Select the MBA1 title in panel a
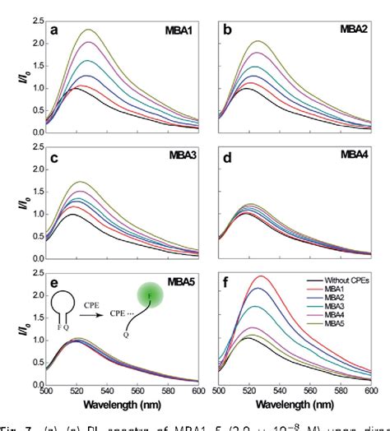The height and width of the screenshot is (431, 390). point(179,30)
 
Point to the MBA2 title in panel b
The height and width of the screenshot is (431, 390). point(352,30)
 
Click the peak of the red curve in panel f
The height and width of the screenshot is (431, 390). point(262,277)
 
